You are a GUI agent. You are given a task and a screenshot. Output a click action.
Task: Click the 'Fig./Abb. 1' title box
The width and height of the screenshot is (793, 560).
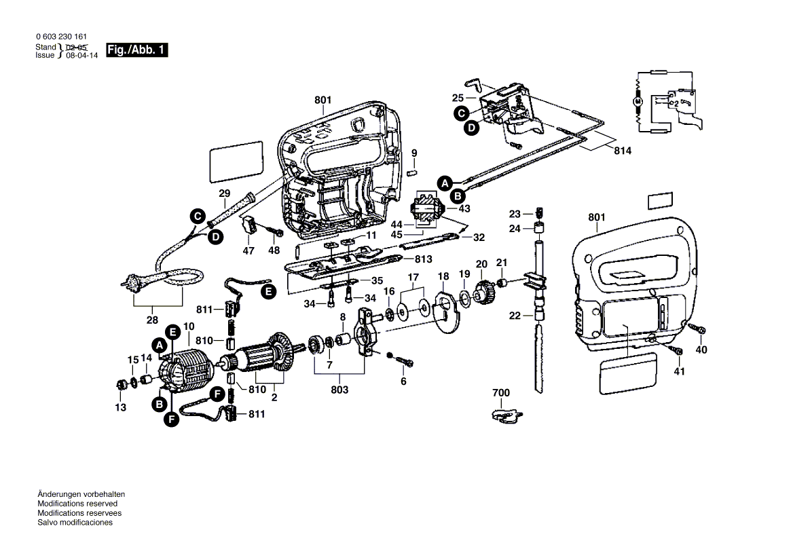pos(136,51)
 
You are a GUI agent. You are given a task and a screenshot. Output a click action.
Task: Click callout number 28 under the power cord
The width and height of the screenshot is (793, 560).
pos(151,320)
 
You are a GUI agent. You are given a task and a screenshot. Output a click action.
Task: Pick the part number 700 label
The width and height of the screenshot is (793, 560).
pos(501,392)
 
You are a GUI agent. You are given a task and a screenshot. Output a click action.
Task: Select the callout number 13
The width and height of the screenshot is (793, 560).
pos(120,407)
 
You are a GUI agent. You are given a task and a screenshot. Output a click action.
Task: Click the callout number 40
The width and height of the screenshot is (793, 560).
pos(701,350)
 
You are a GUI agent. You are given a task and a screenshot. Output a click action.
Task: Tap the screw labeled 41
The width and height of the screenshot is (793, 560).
pos(676,350)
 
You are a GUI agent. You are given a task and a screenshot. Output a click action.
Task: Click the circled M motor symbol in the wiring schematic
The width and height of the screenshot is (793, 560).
pos(637,100)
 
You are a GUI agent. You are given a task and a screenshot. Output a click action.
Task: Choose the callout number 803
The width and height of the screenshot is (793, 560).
pos(339,390)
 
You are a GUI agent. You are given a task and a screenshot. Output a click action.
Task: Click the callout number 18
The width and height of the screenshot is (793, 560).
pos(443,276)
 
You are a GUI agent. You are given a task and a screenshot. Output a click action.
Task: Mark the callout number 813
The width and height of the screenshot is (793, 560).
pos(423,259)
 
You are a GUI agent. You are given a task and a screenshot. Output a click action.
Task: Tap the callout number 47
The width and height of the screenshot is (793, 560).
pos(248,251)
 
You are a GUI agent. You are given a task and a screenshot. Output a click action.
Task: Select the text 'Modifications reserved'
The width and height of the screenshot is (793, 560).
pos(77,504)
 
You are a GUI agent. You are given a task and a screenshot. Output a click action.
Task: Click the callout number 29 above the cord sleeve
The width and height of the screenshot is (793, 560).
pos(224,193)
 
